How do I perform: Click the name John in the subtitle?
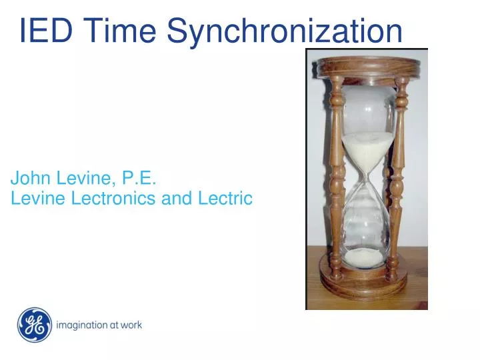pos(29,178)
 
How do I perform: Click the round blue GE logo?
pos(35,325)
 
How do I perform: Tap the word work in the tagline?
pos(131,325)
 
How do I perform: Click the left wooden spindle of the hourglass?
pos(337,173)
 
